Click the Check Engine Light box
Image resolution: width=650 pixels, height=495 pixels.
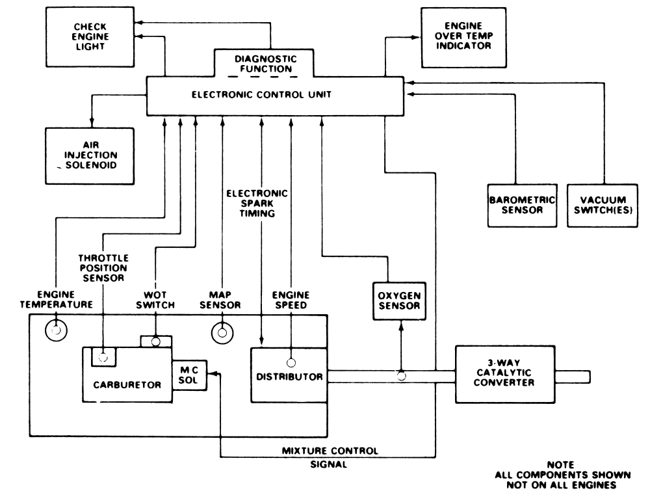click(90, 36)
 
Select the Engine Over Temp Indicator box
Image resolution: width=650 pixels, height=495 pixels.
click(463, 37)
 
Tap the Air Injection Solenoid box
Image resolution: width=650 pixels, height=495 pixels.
click(90, 156)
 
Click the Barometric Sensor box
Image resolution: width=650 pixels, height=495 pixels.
click(522, 206)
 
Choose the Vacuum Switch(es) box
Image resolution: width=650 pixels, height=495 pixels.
click(603, 206)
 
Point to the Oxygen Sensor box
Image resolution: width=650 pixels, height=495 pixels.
click(399, 301)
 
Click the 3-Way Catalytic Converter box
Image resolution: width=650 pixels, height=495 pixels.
click(505, 374)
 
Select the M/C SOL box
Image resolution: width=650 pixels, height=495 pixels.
click(189, 375)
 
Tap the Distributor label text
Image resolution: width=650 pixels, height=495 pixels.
click(289, 377)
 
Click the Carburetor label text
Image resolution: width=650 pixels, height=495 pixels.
click(127, 385)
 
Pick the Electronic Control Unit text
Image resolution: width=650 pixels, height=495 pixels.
click(261, 94)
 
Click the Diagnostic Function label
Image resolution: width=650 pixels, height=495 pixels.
click(266, 64)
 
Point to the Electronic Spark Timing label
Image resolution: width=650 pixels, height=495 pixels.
click(257, 204)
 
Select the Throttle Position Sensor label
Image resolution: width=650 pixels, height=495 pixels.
click(103, 268)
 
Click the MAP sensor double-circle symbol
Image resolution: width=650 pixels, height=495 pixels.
click(222, 333)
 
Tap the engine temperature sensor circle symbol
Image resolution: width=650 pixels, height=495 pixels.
click(56, 330)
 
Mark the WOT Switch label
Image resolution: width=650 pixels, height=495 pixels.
click(155, 300)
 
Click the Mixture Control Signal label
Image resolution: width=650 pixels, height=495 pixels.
click(330, 457)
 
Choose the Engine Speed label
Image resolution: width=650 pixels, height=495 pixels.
click(291, 300)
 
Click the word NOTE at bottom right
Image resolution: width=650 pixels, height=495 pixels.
click(560, 464)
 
